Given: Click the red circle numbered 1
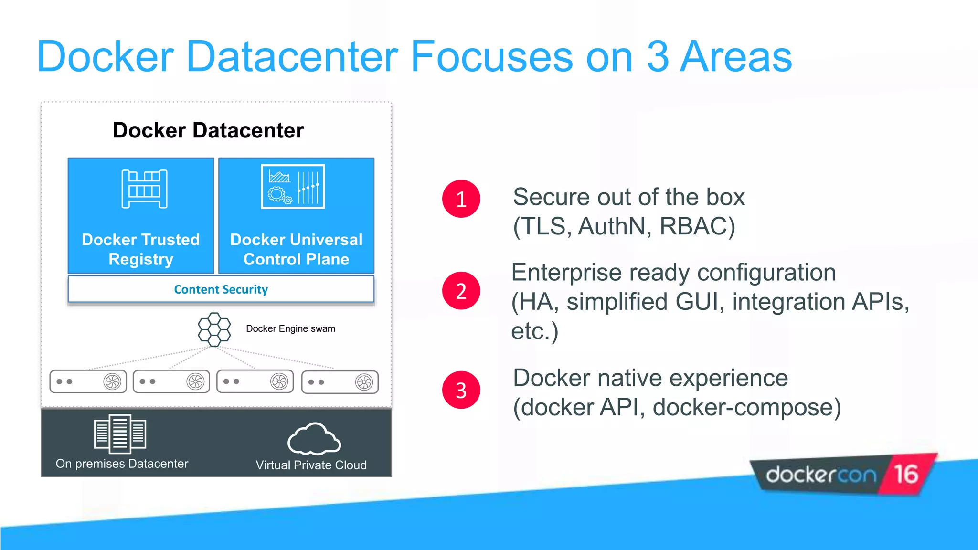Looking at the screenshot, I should [x=461, y=199].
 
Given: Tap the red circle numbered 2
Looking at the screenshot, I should [x=461, y=291].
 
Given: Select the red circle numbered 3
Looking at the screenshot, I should [x=461, y=390].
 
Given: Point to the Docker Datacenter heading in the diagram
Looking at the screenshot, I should [x=208, y=130].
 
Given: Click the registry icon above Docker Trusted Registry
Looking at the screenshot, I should [x=144, y=189].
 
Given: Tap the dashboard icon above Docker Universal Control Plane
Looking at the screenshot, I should [x=293, y=187].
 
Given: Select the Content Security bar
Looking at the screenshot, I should [x=221, y=289].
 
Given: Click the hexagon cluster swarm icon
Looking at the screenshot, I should [x=214, y=329].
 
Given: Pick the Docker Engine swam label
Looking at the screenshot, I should [x=290, y=328].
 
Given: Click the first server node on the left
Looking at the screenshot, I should [x=88, y=381].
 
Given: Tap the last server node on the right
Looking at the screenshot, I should [x=340, y=382].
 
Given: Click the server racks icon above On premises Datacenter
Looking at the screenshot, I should [x=120, y=434].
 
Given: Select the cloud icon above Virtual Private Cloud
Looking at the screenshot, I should [x=314, y=439].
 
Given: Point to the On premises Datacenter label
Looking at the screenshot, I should [x=122, y=464].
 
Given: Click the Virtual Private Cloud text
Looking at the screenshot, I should [x=311, y=465].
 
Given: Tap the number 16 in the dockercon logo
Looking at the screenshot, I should [x=906, y=474].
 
